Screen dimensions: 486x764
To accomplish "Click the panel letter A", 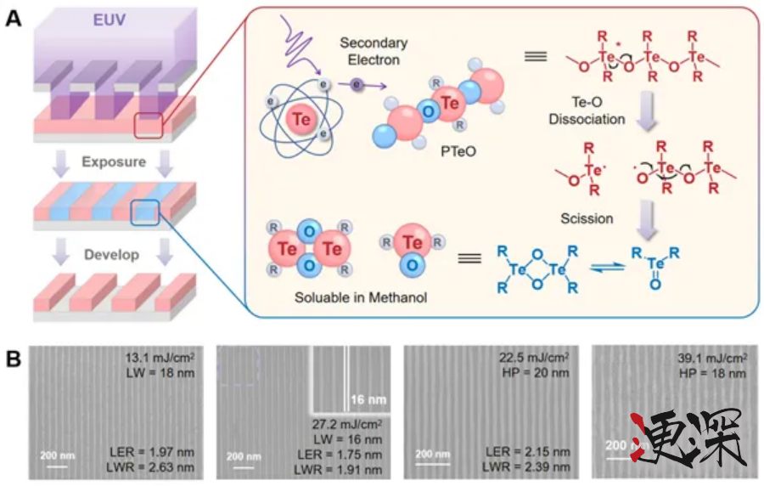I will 14,16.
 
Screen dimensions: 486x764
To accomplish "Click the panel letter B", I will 14,357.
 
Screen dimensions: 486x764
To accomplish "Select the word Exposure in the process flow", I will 120,161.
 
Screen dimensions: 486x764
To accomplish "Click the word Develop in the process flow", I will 120,254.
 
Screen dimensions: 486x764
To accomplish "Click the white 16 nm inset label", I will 367,399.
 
